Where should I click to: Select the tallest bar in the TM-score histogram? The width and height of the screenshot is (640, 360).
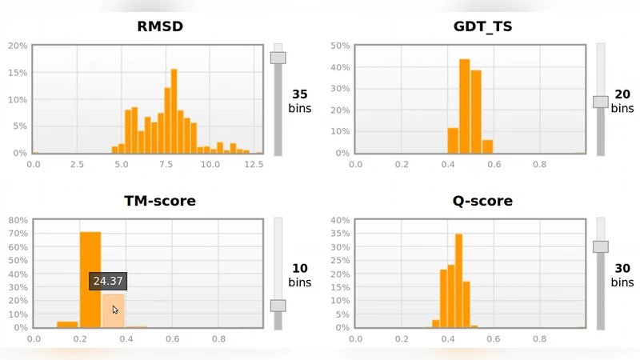coord(90,279)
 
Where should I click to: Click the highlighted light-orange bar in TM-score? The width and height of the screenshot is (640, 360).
coord(113,310)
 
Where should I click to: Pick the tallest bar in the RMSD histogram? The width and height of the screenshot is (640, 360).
coord(174,110)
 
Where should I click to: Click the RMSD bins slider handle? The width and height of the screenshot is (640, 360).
coord(278,58)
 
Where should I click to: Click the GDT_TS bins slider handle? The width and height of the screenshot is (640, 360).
coord(600,102)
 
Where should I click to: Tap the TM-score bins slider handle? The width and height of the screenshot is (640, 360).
coord(278,306)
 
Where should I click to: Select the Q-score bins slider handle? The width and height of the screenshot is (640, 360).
coord(600,246)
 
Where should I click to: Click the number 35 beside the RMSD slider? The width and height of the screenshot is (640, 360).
coord(300,94)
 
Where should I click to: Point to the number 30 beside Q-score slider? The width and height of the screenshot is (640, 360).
coord(622,268)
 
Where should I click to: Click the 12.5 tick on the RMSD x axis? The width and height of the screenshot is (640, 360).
coord(253,164)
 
